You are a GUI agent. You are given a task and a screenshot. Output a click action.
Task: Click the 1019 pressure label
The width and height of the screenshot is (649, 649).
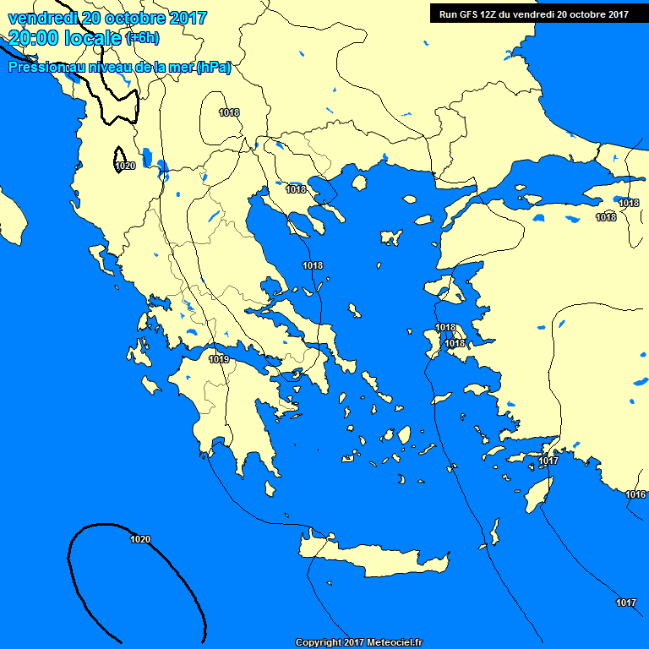219,359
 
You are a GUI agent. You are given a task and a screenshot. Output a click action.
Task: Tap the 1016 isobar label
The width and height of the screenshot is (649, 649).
635,494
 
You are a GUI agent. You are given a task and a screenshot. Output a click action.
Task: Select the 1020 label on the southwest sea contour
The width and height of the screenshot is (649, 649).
140,539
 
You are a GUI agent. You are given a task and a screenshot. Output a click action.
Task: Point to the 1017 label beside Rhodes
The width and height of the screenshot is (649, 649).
548,461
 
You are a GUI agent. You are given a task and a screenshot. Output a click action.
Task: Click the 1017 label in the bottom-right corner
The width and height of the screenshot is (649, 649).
625,603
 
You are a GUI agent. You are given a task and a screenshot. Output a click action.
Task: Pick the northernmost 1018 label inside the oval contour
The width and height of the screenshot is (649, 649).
228,112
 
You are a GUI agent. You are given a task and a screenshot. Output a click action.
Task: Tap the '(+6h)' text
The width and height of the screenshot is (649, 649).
142,38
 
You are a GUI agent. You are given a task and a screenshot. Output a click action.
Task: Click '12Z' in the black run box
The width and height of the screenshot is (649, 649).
491,14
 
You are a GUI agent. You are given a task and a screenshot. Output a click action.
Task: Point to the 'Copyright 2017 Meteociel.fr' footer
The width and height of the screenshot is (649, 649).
358,642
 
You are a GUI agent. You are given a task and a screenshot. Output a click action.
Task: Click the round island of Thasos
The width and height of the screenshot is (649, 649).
359,182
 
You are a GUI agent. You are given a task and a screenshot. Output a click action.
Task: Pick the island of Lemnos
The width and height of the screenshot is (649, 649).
390,237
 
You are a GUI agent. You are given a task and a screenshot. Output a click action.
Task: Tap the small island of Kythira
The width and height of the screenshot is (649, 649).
270,488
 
